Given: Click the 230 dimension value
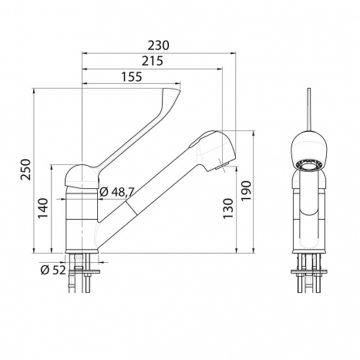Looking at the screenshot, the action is [x=158, y=45].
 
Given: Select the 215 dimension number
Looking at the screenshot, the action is [x=153, y=61].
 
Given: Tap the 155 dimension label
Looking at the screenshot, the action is [x=131, y=76].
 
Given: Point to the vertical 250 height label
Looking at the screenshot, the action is [x=25, y=170].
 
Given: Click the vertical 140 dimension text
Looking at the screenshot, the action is [x=43, y=208].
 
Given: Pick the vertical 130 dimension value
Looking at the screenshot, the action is [x=228, y=208].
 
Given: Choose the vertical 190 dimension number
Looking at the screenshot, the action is [x=245, y=191].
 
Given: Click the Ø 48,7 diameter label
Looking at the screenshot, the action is [x=117, y=192].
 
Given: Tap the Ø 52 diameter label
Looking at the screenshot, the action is [x=53, y=270].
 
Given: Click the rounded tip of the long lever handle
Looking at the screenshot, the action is [x=172, y=93].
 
